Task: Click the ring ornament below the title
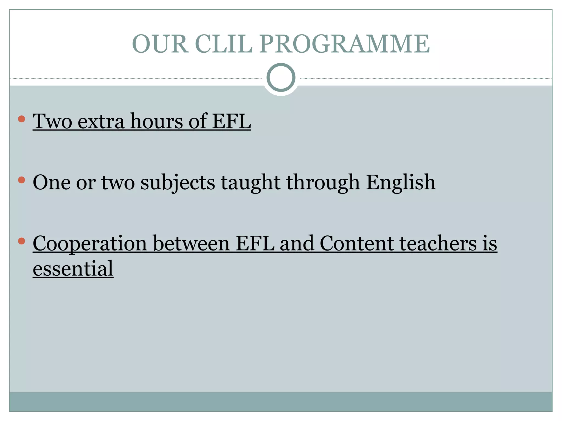281,78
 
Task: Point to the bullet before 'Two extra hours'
21,119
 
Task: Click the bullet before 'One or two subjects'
21,180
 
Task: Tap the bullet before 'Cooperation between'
21,241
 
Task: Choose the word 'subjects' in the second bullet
178,183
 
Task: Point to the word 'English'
401,183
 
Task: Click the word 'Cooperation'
90,244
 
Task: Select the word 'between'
191,244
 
